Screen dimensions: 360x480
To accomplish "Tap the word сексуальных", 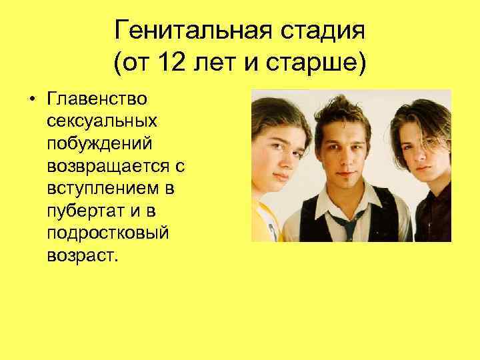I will pyautogui.click(x=102, y=123).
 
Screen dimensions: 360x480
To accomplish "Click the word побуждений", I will pyautogui.click(x=100, y=145).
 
